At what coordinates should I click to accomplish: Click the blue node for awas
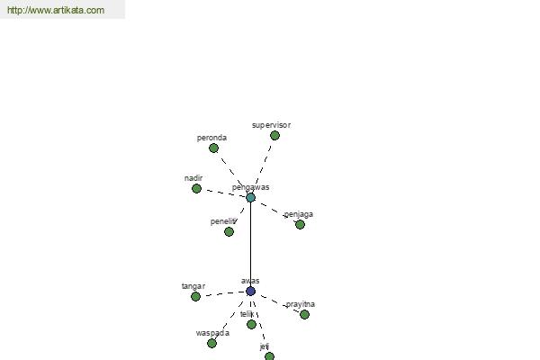[251, 291]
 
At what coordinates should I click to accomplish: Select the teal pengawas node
[251, 197]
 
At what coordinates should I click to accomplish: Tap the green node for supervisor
[274, 135]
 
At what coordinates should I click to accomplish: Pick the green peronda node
[213, 148]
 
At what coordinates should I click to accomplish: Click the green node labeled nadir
[196, 188]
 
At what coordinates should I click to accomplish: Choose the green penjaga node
[300, 225]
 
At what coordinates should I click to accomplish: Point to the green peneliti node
[229, 232]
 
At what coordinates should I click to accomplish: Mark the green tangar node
[195, 296]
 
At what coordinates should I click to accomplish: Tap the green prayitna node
[304, 314]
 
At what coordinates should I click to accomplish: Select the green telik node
[251, 324]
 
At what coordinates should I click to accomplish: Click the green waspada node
[211, 343]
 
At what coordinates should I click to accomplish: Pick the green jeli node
[269, 356]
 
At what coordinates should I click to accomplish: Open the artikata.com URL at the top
[56, 10]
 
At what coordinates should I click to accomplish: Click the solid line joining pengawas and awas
[251, 244]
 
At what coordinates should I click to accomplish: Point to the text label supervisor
[272, 125]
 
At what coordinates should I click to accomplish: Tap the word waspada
[212, 333]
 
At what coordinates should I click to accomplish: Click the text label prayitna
[301, 304]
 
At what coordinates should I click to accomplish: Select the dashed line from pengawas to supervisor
[264, 165]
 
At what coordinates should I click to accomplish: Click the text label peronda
[211, 138]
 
